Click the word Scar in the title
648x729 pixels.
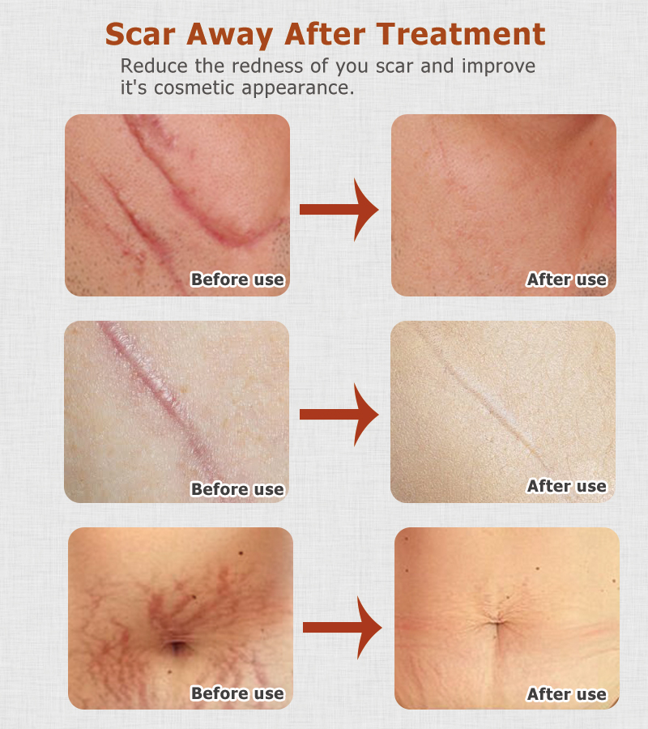click(143, 35)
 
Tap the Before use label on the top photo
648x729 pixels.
click(237, 280)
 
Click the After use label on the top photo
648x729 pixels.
click(566, 280)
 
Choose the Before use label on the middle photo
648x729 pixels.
click(237, 489)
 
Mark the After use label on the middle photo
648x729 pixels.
click(566, 486)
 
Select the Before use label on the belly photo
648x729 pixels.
click(237, 693)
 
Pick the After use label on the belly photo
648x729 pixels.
click(566, 694)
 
